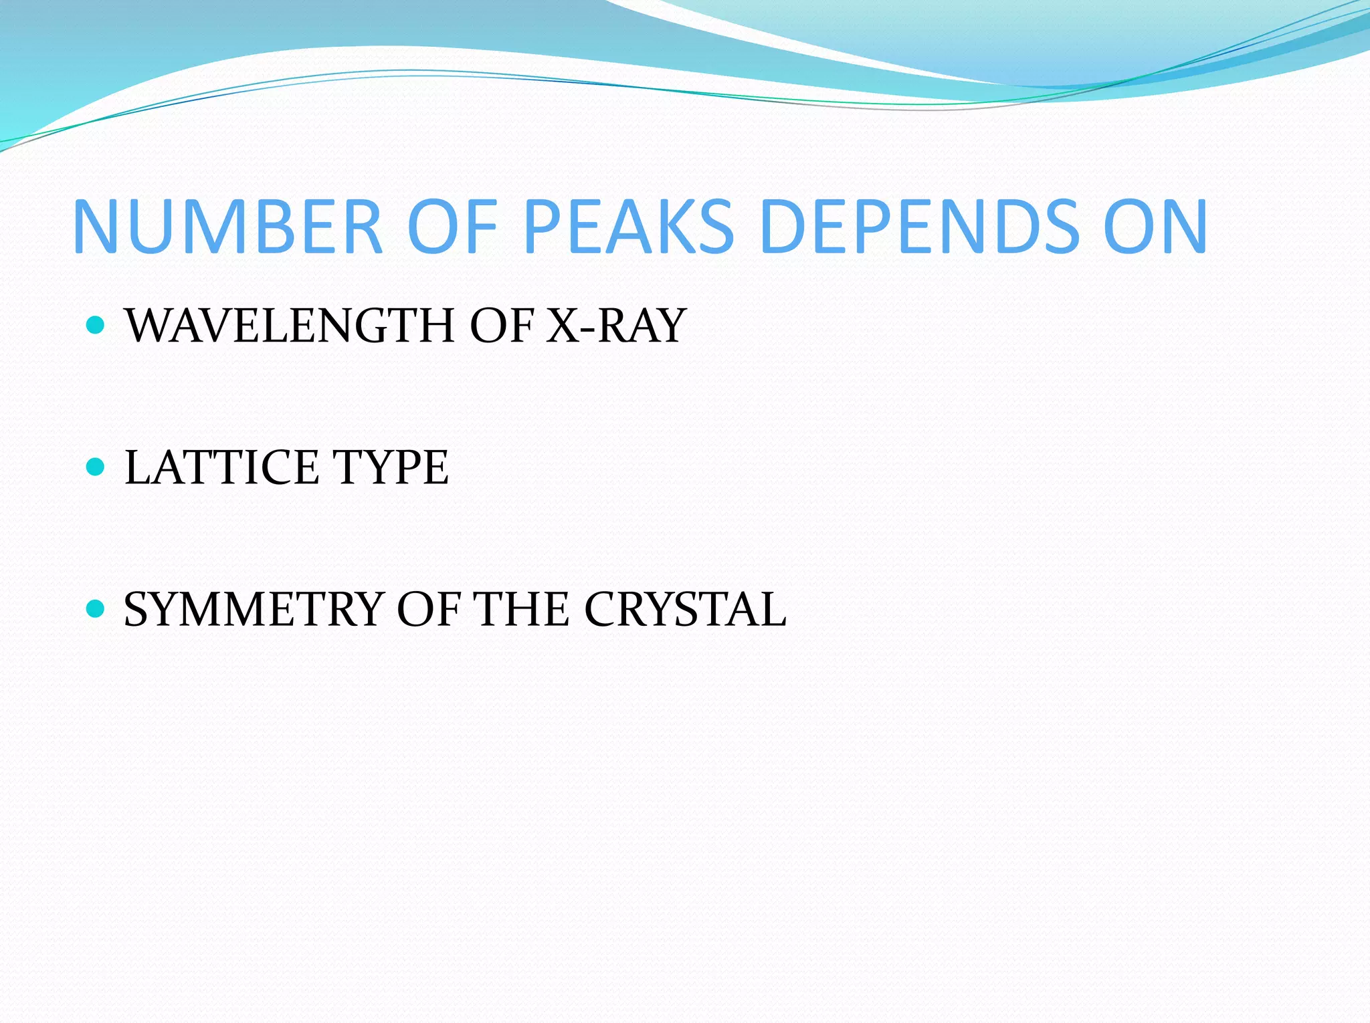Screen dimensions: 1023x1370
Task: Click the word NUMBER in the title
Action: click(227, 227)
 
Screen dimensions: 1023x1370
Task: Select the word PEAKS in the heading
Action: click(629, 227)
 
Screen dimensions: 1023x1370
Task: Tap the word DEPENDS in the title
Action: click(920, 227)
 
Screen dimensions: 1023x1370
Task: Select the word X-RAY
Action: click(616, 326)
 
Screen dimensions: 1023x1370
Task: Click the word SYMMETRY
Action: click(254, 609)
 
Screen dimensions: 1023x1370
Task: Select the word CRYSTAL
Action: click(685, 609)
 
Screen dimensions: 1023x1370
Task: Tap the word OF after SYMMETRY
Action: click(428, 609)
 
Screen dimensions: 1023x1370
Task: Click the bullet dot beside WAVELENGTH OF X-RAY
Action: click(96, 326)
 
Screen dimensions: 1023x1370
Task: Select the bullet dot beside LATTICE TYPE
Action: click(96, 467)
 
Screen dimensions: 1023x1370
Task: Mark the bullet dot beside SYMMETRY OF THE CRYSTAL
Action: click(96, 608)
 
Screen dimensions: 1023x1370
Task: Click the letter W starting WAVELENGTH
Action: click(149, 326)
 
